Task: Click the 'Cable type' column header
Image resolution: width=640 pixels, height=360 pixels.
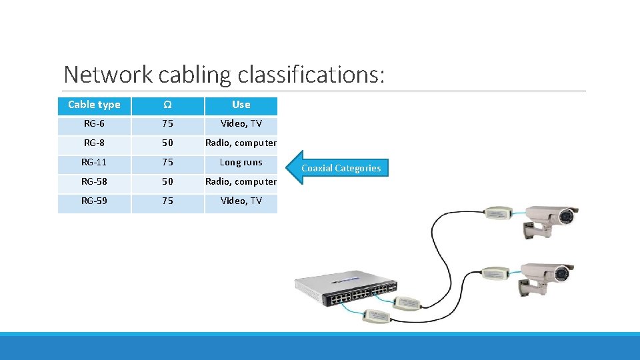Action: click(x=94, y=105)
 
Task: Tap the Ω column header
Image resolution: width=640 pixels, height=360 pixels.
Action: click(x=167, y=105)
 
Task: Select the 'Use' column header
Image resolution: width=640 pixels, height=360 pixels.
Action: click(x=241, y=105)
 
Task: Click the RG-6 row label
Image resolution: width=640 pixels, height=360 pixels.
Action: click(x=94, y=124)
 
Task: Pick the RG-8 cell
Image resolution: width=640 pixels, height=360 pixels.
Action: click(x=94, y=143)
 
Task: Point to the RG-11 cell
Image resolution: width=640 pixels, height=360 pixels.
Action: click(x=94, y=163)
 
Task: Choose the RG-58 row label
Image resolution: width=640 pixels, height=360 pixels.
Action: click(x=94, y=182)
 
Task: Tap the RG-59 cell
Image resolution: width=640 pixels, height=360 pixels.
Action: click(x=94, y=201)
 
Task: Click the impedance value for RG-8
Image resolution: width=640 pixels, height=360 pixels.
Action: click(x=167, y=143)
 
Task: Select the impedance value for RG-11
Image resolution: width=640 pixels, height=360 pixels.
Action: click(x=167, y=163)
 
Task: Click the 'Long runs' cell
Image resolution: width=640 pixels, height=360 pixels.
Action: click(x=241, y=163)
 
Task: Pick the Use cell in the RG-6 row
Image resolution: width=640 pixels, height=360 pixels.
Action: click(x=241, y=124)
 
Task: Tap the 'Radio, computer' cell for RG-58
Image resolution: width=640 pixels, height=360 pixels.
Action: click(x=241, y=182)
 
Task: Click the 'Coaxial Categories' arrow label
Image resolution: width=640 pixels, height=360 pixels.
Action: click(x=341, y=168)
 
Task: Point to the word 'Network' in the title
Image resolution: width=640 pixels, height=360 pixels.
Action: click(x=109, y=75)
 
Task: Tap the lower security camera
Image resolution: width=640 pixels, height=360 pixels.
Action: click(x=547, y=277)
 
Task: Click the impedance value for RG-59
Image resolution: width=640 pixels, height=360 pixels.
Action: click(x=167, y=201)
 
